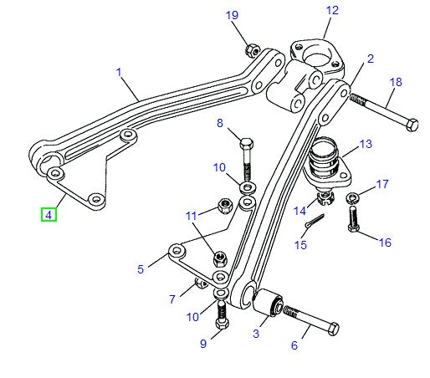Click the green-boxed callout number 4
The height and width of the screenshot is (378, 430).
[x=49, y=215]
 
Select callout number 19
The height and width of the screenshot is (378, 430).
[x=232, y=16]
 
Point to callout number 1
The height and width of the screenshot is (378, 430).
[x=120, y=73]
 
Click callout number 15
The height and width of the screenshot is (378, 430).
[x=301, y=245]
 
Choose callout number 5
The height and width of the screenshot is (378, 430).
[x=141, y=268]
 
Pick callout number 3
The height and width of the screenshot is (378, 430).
[x=256, y=333]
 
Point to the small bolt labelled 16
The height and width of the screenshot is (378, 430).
[x=351, y=222]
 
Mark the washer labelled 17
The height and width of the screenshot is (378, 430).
[x=353, y=198]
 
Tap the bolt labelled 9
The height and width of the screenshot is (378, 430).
[x=222, y=317]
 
